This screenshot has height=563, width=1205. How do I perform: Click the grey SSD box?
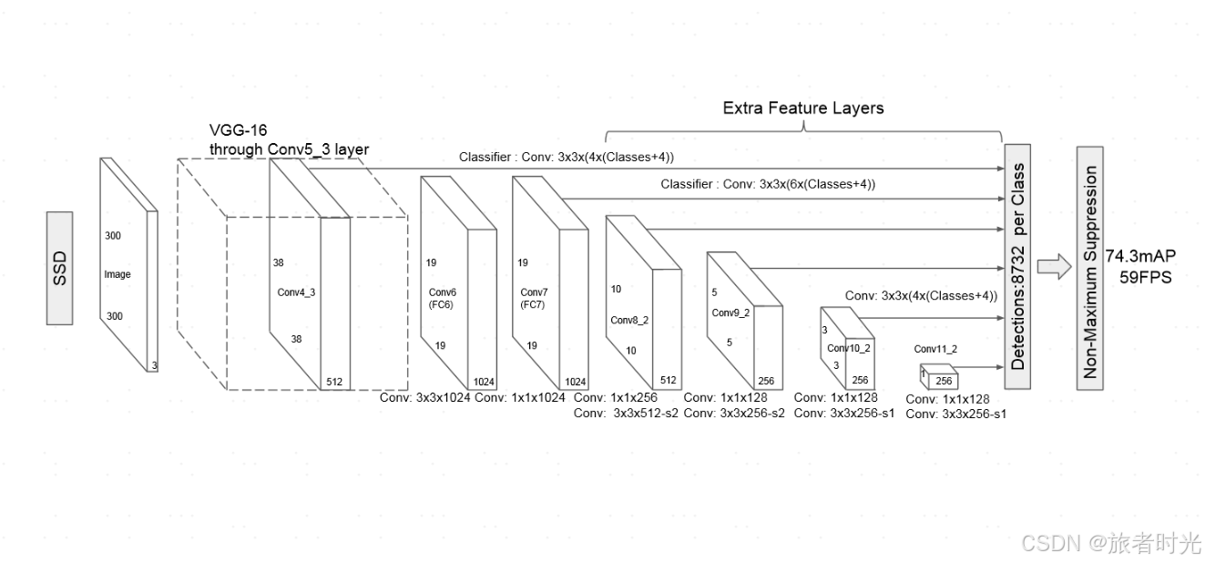pyautogui.click(x=59, y=268)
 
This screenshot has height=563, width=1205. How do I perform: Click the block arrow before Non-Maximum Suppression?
pyautogui.click(x=1052, y=266)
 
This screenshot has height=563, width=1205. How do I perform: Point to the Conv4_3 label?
pyautogui.click(x=296, y=292)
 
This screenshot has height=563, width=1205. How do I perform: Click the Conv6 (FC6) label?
pyautogui.click(x=442, y=298)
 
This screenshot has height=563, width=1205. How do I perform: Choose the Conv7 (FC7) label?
pyautogui.click(x=534, y=298)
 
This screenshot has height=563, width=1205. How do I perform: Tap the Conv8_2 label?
pyautogui.click(x=628, y=320)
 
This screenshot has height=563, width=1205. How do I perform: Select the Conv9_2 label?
pyautogui.click(x=730, y=312)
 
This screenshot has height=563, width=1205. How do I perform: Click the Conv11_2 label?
pyautogui.click(x=935, y=349)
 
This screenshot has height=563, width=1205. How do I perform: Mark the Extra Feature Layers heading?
pyautogui.click(x=802, y=108)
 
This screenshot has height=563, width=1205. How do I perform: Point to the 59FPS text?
pyautogui.click(x=1145, y=277)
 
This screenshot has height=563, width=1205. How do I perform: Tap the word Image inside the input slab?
pyautogui.click(x=117, y=274)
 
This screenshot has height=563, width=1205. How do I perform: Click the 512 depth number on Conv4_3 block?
pyautogui.click(x=334, y=382)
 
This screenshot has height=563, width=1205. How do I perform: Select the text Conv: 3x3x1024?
pyautogui.click(x=424, y=397)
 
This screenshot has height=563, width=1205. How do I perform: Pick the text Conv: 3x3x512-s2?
pyautogui.click(x=626, y=413)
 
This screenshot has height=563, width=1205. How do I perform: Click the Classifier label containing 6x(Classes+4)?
pyautogui.click(x=768, y=184)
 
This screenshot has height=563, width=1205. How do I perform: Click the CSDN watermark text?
pyautogui.click(x=1111, y=544)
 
